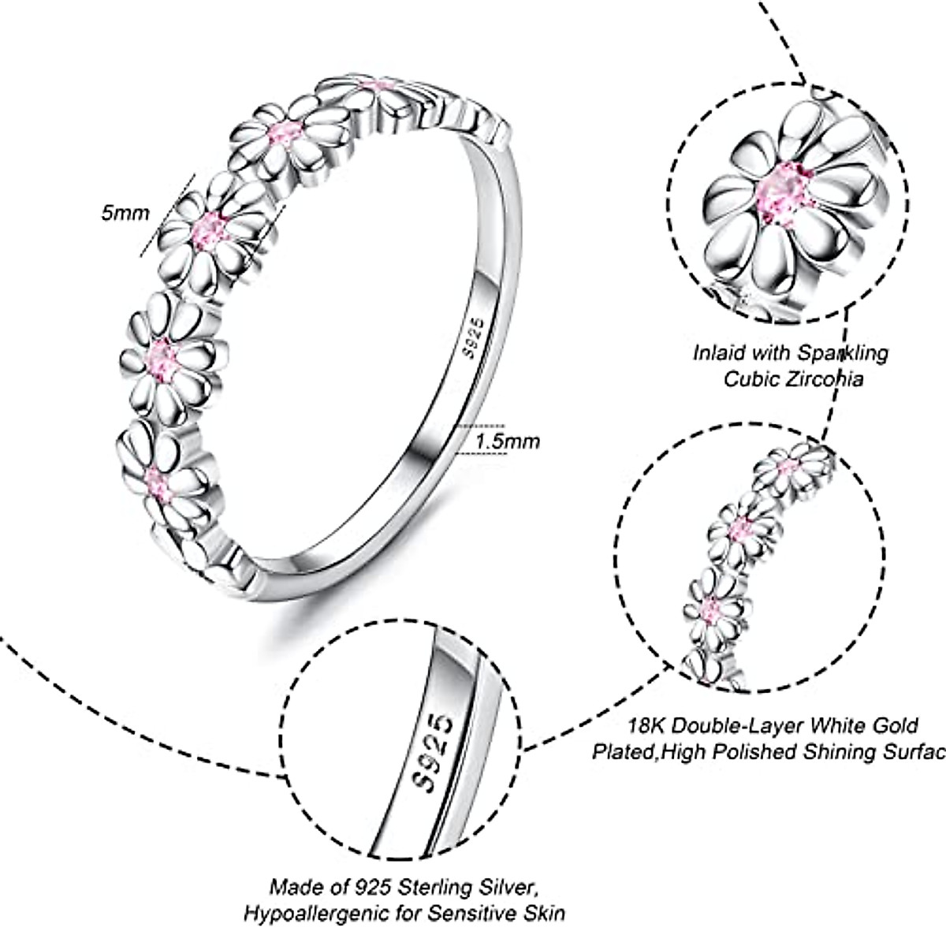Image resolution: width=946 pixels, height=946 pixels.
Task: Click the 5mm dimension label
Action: point(125,213)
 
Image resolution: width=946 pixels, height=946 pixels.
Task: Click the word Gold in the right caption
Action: point(894,725)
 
